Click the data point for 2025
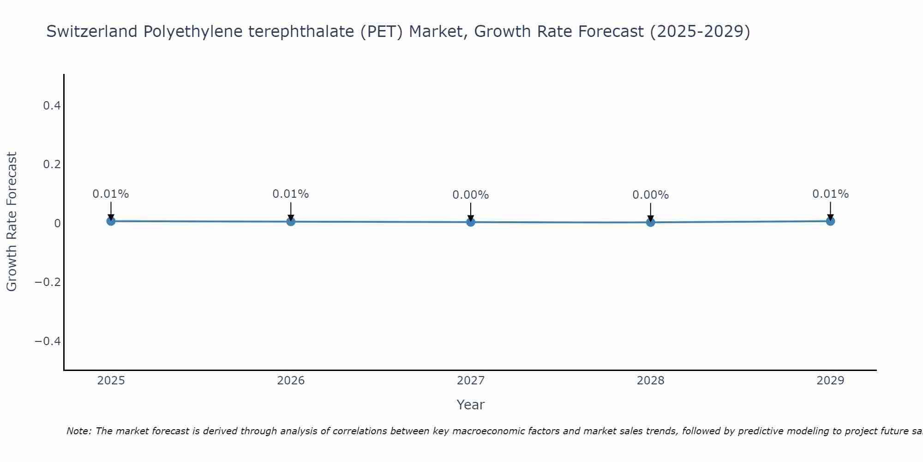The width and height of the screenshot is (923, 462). [111, 221]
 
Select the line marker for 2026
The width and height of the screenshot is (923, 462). [291, 222]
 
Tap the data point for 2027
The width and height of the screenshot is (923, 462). [471, 222]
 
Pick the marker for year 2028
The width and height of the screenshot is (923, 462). [651, 222]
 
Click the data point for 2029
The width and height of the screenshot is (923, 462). [830, 221]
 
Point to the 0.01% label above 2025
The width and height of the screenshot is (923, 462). [111, 194]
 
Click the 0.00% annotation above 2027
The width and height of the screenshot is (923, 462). [471, 195]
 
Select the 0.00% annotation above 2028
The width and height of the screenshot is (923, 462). [651, 195]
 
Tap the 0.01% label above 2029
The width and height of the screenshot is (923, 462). [830, 194]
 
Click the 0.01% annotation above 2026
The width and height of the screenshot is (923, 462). [291, 194]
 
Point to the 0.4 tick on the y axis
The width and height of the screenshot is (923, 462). [52, 106]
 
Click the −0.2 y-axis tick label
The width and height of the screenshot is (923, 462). [48, 282]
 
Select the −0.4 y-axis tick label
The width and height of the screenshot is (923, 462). [48, 341]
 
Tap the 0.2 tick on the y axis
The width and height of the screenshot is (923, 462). [52, 164]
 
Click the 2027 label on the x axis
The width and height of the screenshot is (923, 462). [471, 381]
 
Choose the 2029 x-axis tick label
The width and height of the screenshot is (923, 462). [830, 381]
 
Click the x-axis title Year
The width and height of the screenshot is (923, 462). [471, 405]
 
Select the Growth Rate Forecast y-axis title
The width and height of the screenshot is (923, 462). [12, 222]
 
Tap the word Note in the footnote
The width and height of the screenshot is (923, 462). [79, 431]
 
